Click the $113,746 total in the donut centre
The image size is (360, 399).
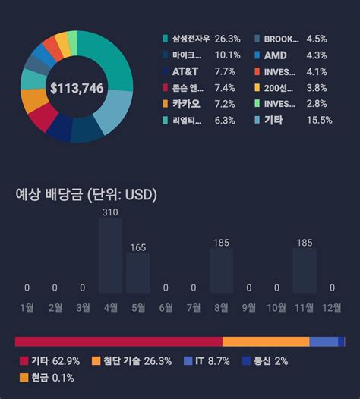point(77,88)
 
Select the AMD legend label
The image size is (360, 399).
point(275,55)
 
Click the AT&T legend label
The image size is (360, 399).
point(186,71)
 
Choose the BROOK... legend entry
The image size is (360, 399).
point(280,38)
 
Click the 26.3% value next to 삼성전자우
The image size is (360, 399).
point(227,38)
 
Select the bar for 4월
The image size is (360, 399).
point(110,255)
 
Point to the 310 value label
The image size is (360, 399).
point(110,212)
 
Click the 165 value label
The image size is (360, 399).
point(138,247)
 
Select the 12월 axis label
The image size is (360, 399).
point(332,307)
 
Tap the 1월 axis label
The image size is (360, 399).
point(27,307)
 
